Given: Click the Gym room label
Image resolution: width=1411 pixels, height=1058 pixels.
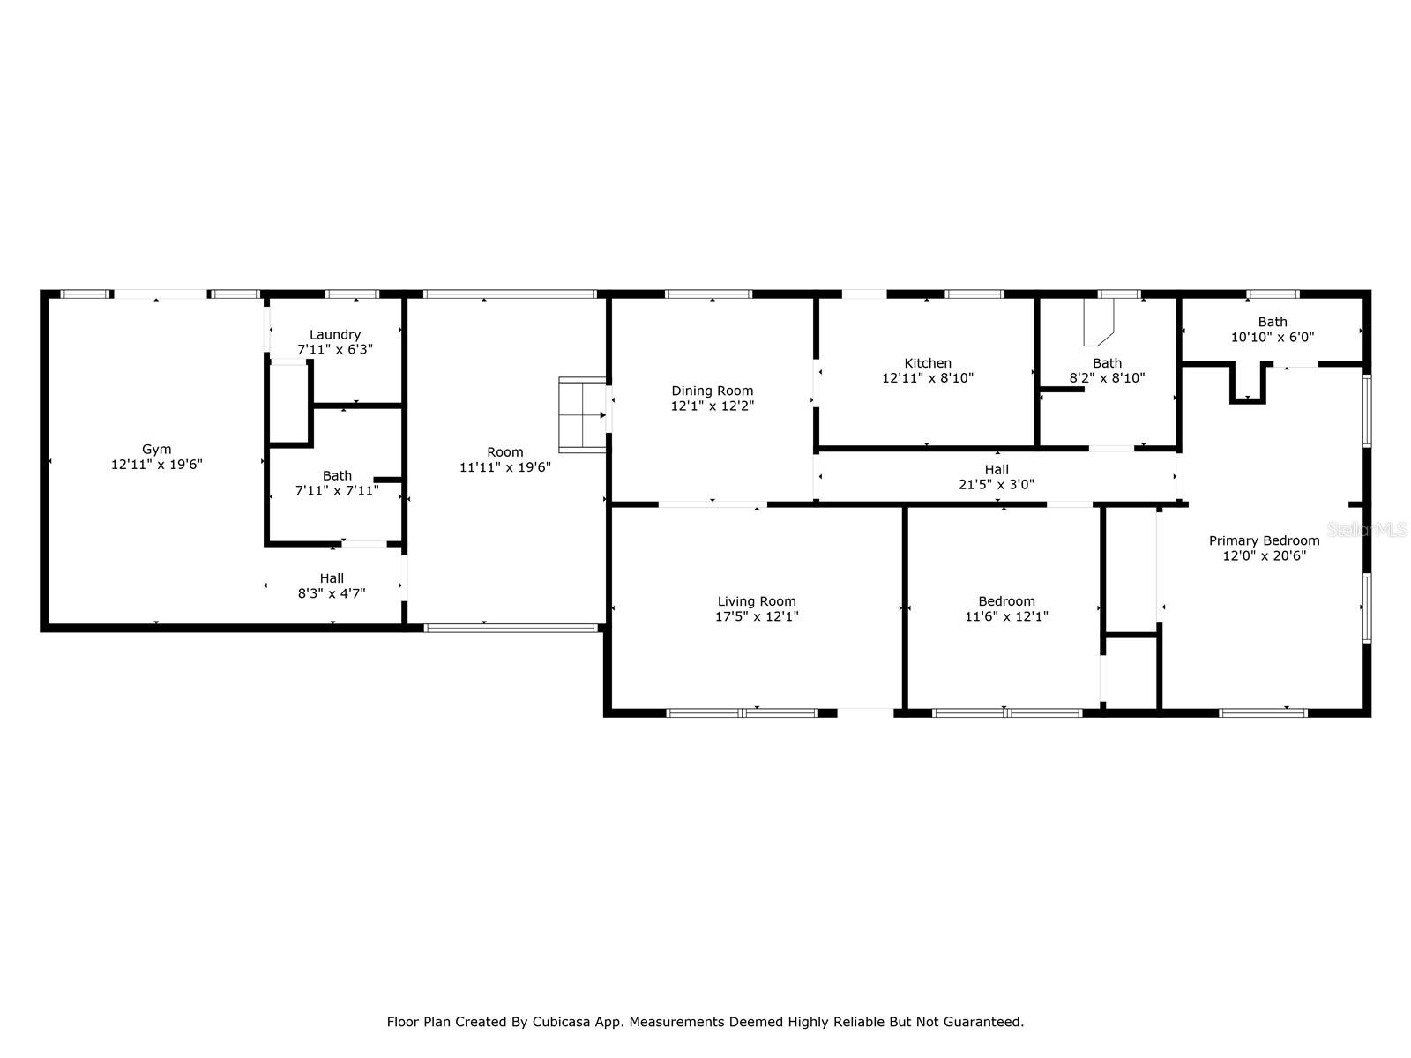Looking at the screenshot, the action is [156, 449].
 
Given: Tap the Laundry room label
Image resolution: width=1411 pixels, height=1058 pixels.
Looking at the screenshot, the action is [335, 335].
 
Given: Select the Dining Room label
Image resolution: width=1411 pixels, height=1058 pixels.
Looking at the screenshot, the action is [713, 391].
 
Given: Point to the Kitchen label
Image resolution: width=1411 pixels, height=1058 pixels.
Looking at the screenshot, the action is [928, 363].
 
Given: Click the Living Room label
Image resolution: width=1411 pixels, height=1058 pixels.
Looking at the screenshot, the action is [757, 601].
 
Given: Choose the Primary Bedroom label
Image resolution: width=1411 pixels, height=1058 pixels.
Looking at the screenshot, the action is [1264, 540].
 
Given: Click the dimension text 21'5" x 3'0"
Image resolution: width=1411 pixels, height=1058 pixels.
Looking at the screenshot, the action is [997, 484].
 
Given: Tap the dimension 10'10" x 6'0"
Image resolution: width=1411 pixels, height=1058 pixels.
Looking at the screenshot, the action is [1273, 337].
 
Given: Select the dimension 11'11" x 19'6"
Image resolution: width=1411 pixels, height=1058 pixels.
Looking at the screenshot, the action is [504, 467].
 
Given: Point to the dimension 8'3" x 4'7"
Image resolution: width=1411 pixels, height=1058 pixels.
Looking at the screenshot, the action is [332, 592].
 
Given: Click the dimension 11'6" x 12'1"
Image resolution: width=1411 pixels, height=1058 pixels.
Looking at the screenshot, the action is [1006, 616].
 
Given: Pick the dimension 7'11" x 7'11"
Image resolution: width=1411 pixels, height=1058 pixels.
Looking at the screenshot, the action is [337, 491].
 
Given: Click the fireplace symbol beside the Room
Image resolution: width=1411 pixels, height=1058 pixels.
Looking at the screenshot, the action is [582, 415].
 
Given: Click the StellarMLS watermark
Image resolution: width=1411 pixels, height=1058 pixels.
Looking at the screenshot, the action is [1367, 529].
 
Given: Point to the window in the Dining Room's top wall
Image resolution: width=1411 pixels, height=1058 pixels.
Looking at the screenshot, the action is [708, 294].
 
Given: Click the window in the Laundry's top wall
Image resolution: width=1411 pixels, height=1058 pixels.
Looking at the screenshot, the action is [352, 294].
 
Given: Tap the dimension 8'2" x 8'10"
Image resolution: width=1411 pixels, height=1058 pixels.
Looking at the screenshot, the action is [1107, 377].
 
